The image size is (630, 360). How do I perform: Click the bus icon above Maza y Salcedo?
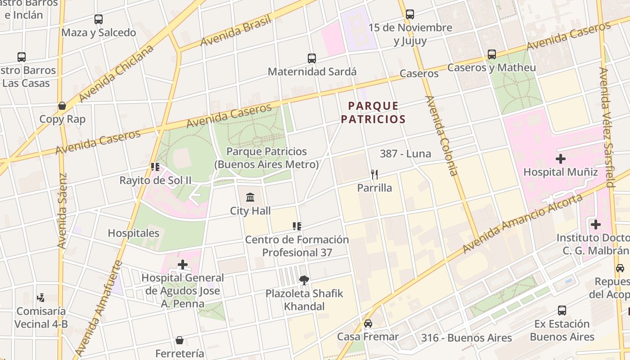(x=99, y=19)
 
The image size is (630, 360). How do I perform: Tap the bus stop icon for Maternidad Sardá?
(x=312, y=58)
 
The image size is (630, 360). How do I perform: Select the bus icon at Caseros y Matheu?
(x=492, y=54)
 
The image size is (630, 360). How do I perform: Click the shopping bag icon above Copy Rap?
(x=62, y=106)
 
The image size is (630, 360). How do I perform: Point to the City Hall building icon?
(x=250, y=197)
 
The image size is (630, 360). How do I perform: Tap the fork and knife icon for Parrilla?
(x=374, y=174)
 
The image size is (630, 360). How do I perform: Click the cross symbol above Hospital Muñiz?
(x=561, y=159)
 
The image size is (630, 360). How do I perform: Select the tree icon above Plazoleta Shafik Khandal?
(x=304, y=280)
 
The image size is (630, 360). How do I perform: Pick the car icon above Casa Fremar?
(x=368, y=324)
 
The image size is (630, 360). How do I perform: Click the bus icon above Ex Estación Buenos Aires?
(x=562, y=310)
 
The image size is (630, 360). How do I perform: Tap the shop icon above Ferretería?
(x=180, y=340)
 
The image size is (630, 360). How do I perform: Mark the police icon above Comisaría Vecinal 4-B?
(x=41, y=298)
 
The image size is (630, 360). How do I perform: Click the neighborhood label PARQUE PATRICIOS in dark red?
(x=373, y=112)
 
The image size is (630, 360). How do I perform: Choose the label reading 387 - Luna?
(x=405, y=153)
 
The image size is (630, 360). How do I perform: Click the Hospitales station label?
(x=134, y=233)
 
